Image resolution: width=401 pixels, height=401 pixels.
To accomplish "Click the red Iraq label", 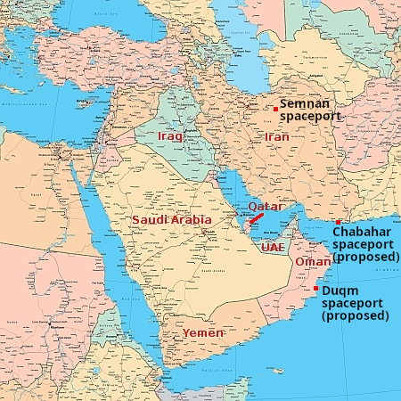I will coord(169,136).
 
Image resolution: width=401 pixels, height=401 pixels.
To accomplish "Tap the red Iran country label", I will coord(276,137).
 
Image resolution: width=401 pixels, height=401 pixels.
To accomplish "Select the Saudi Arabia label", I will coord(172,219).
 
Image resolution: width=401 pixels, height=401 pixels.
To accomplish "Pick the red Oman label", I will coord(312,262).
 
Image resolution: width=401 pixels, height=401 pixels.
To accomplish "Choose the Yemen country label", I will coord(203,332).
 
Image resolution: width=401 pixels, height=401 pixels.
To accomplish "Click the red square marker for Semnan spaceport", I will coord(276,109).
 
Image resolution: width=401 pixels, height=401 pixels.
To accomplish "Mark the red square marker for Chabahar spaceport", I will coord(338,222).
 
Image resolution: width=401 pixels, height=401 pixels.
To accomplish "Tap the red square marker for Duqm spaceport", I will coord(315,288).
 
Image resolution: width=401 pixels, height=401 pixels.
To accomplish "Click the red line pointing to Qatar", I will coord(255,217).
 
